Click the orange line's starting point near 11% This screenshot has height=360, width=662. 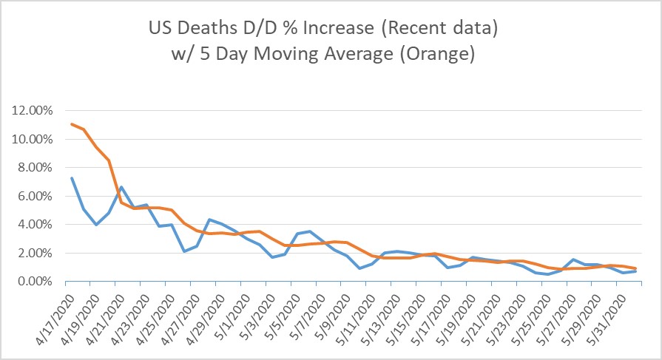(x=71, y=123)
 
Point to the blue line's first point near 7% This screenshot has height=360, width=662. (x=71, y=177)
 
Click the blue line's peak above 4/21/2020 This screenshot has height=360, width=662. (x=120, y=187)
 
